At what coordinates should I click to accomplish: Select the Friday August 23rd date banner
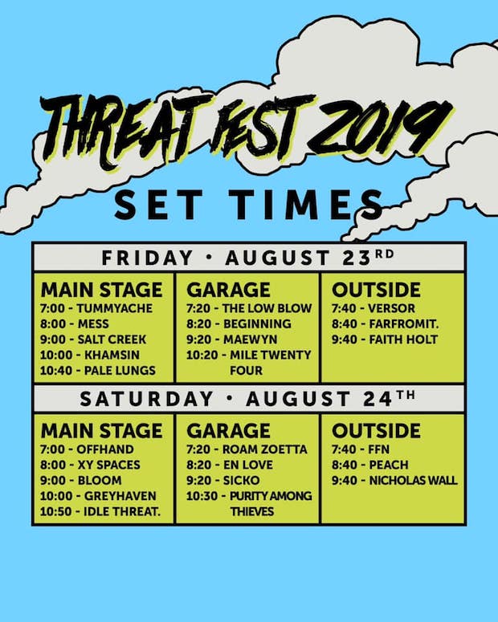248,258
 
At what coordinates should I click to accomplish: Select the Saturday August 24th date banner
248,398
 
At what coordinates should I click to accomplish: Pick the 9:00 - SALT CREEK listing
95,339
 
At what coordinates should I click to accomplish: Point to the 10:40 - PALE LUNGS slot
98,371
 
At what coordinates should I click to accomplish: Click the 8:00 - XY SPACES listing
91,465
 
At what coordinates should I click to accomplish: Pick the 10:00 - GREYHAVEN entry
99,496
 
